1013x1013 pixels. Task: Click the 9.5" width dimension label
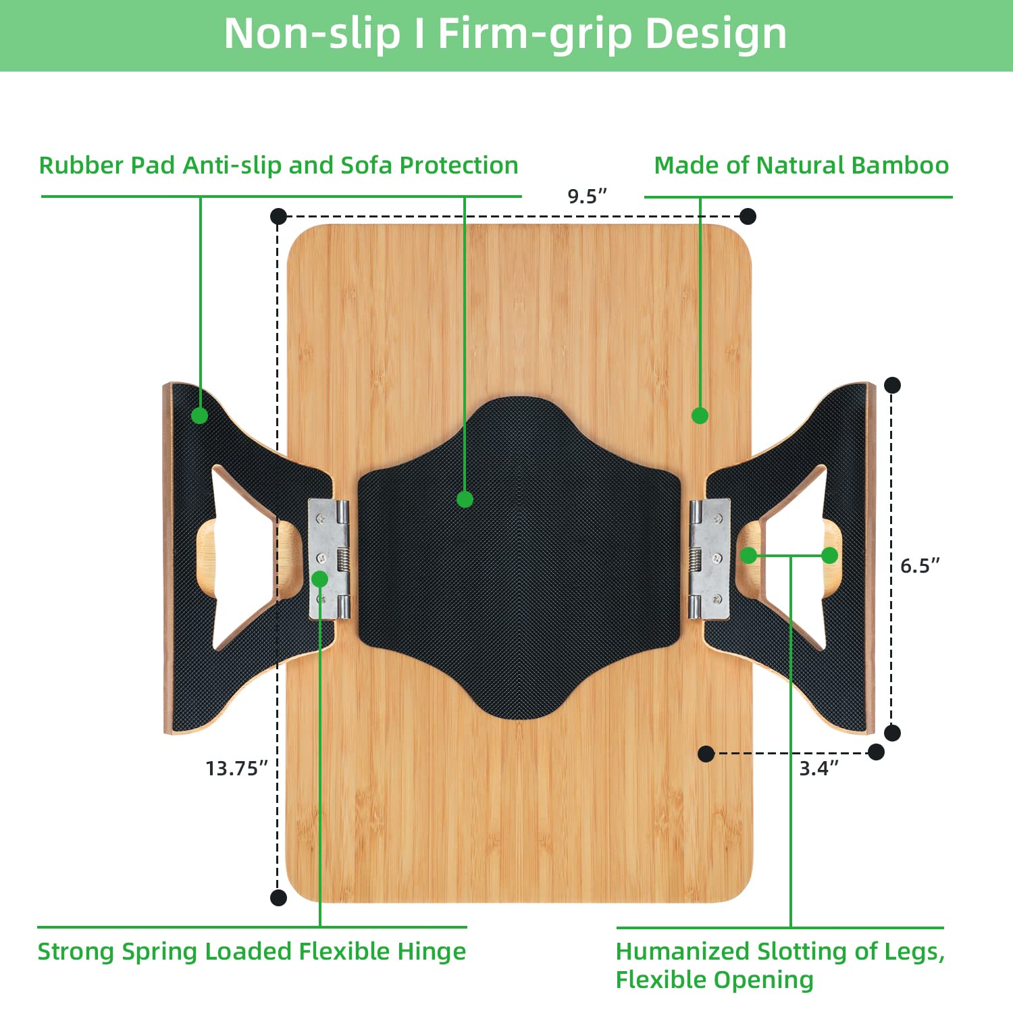pyautogui.click(x=587, y=197)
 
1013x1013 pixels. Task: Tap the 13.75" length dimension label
pyautogui.click(x=236, y=768)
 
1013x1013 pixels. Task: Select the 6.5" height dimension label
pyautogui.click(x=919, y=565)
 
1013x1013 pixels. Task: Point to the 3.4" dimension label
pyautogui.click(x=819, y=768)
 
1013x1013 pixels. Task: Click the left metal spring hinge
pyautogui.click(x=329, y=559)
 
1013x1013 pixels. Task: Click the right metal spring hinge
pyautogui.click(x=709, y=559)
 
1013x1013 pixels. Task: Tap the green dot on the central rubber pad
pyautogui.click(x=465, y=500)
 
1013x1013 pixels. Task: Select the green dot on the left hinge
pyautogui.click(x=320, y=579)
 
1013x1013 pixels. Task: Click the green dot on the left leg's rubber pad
pyautogui.click(x=199, y=415)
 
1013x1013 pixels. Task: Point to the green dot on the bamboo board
pyautogui.click(x=700, y=415)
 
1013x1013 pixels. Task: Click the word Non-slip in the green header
pyautogui.click(x=312, y=34)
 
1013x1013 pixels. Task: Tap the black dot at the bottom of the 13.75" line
pyautogui.click(x=278, y=898)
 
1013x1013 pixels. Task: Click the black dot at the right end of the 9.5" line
pyautogui.click(x=748, y=216)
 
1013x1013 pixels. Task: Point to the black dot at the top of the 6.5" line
pyautogui.click(x=892, y=385)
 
